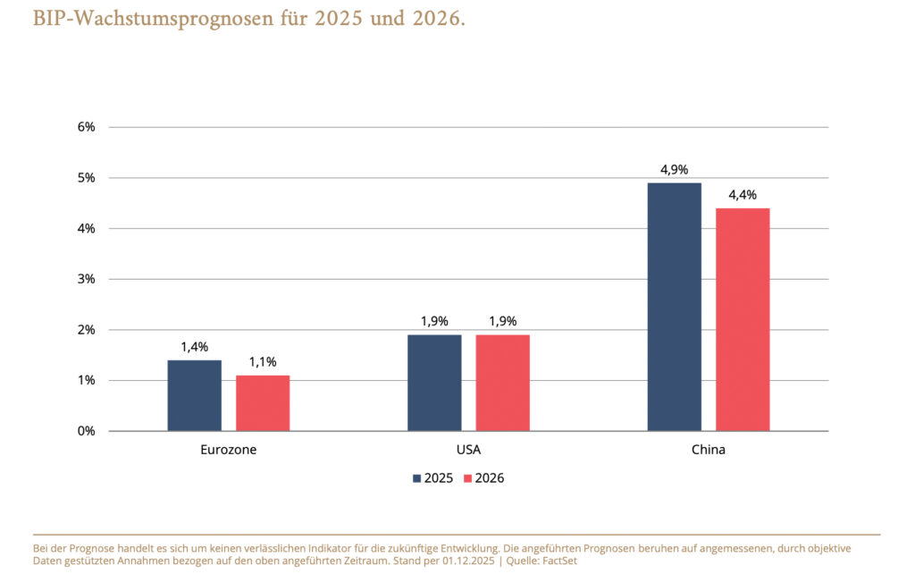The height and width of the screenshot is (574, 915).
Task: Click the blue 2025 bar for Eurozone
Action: click(194, 395)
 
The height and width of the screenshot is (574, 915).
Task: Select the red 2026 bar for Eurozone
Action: click(263, 403)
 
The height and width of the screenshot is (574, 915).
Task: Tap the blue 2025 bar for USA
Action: click(434, 383)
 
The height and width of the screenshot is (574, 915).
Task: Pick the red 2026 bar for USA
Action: click(502, 383)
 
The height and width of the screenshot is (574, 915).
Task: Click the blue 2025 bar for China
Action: click(674, 307)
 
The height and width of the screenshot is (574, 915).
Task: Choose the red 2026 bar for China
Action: click(743, 319)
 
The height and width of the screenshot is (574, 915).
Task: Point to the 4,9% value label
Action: click(674, 170)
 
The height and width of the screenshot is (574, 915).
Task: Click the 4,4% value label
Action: click(743, 195)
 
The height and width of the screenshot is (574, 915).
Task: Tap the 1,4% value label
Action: click(194, 347)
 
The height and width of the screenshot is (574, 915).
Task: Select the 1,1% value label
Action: click(263, 362)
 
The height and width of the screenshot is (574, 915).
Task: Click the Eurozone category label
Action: click(229, 450)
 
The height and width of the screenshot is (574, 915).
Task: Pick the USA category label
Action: click(468, 450)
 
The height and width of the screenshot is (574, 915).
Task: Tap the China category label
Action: click(709, 450)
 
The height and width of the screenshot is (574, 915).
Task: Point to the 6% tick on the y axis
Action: click(87, 127)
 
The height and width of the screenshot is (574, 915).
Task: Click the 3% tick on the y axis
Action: click(87, 279)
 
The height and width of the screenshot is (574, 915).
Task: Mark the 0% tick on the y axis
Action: click(87, 431)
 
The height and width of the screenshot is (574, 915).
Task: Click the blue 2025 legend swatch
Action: click(416, 478)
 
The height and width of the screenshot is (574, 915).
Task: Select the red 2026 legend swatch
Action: click(467, 478)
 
